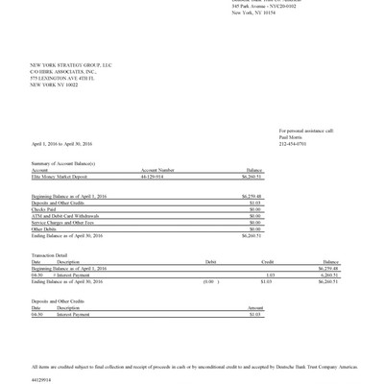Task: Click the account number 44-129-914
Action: (x=152, y=177)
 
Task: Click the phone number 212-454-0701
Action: (x=293, y=144)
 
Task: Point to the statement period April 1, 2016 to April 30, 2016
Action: (x=61, y=144)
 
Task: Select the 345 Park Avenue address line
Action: (x=264, y=6)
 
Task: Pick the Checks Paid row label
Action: (x=45, y=209)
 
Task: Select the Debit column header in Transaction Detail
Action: (x=210, y=261)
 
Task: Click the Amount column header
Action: (x=254, y=307)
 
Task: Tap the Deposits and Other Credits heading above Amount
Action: (x=58, y=300)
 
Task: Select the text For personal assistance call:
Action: (x=306, y=131)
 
